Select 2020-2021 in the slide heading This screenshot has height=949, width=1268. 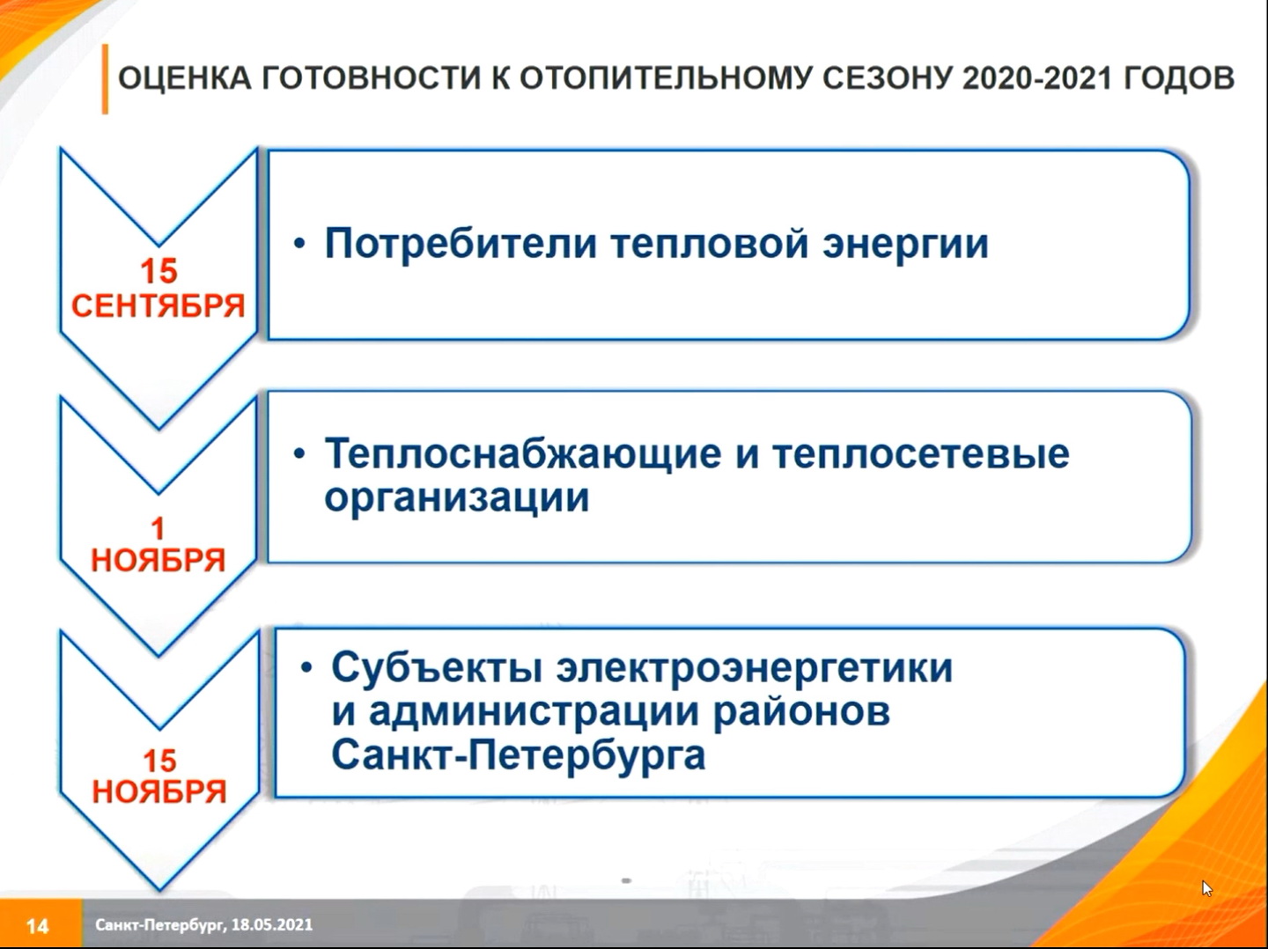coord(1037,78)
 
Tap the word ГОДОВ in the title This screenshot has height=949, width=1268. coord(1179,78)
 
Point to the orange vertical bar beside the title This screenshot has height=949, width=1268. coord(105,79)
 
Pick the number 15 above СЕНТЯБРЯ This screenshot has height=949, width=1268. coord(158,271)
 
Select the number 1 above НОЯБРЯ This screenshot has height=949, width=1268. coord(157,528)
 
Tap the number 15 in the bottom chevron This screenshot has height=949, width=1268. coord(159,761)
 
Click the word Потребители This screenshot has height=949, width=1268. coord(461,245)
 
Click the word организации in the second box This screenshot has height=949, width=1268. coord(456,498)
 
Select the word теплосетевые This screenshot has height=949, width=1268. coord(921,453)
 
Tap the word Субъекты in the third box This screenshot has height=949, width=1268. coord(436,668)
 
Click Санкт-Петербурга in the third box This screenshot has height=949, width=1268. coord(518,754)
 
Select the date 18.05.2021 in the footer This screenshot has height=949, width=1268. coord(271,924)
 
